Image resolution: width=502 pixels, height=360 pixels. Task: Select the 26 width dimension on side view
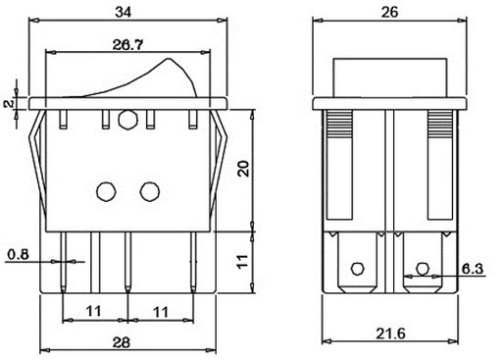pyautogui.click(x=388, y=12)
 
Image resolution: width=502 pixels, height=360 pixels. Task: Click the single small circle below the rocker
pyautogui.click(x=126, y=121)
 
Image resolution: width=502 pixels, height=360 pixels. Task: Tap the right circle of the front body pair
pyautogui.click(x=150, y=188)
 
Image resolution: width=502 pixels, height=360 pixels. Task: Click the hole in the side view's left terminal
pyautogui.click(x=358, y=267)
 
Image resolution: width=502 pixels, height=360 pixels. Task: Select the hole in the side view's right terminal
pyautogui.click(x=424, y=267)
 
